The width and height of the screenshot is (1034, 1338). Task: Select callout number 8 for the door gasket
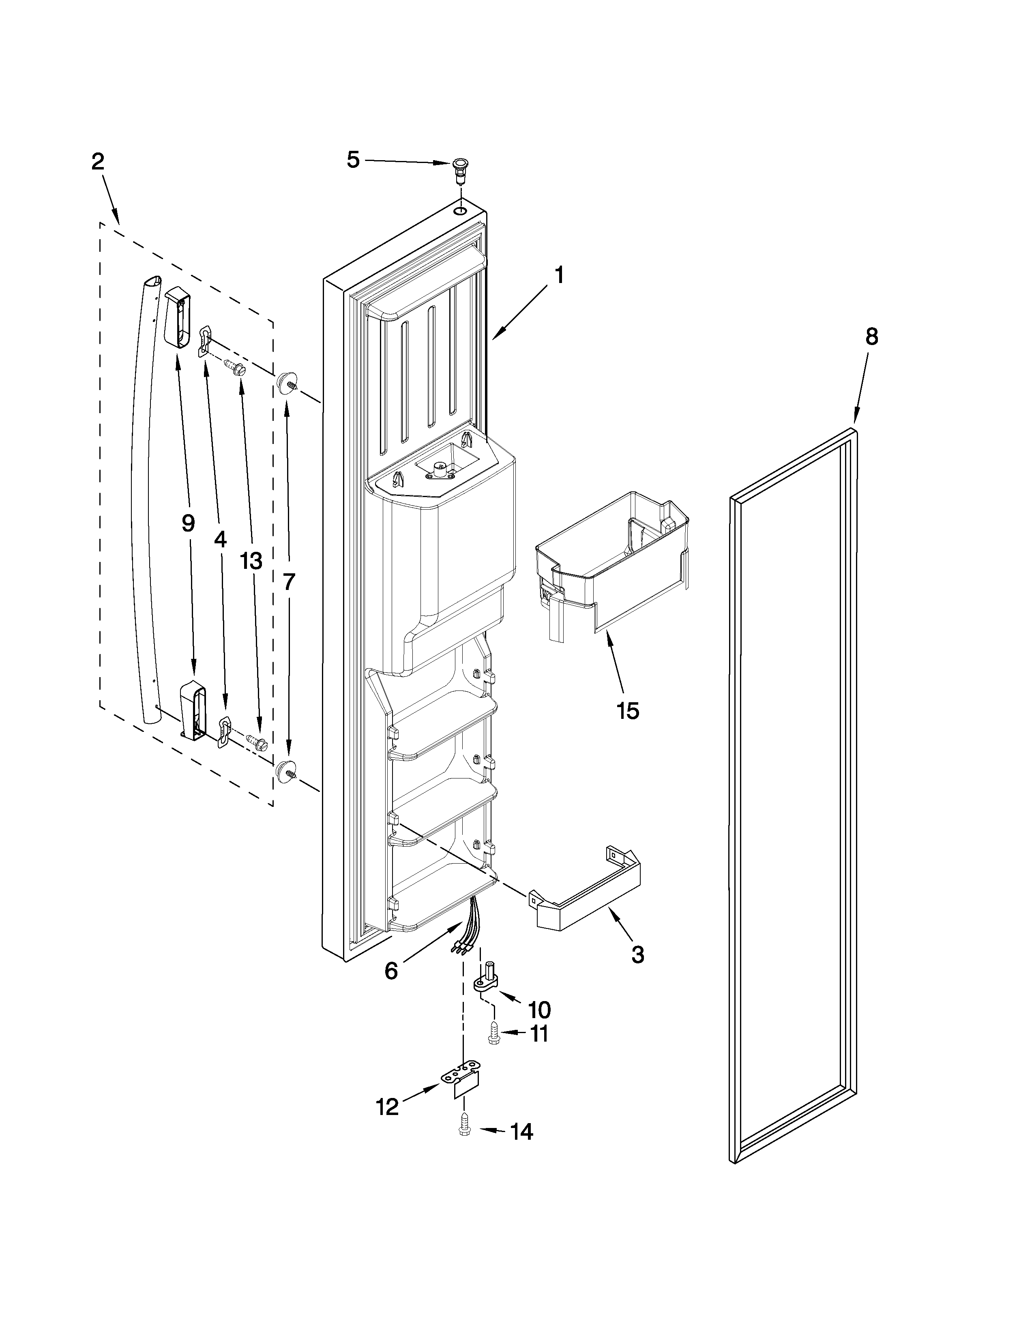pos(871,337)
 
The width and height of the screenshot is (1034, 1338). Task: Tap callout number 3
pos(638,954)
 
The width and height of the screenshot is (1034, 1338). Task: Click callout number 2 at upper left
pos(98,162)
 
